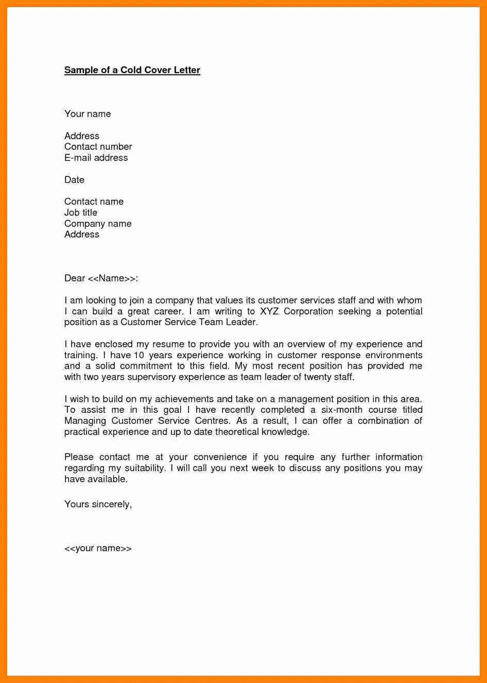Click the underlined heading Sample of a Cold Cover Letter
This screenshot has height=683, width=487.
tap(132, 70)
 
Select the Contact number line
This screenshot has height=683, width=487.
tap(98, 147)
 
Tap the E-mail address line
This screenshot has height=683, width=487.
tap(96, 157)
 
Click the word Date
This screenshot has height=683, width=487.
tap(74, 180)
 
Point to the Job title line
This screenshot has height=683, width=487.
tap(80, 213)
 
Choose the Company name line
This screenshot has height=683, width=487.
tap(98, 224)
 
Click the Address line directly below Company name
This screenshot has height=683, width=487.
tap(81, 235)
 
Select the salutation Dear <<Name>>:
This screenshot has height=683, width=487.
tap(101, 278)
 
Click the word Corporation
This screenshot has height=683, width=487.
tap(308, 311)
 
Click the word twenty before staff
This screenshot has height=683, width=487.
tap(318, 377)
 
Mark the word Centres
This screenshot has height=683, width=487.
tap(212, 421)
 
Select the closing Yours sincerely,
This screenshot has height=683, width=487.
tap(98, 504)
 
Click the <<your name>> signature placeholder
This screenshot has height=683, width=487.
tap(98, 548)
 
